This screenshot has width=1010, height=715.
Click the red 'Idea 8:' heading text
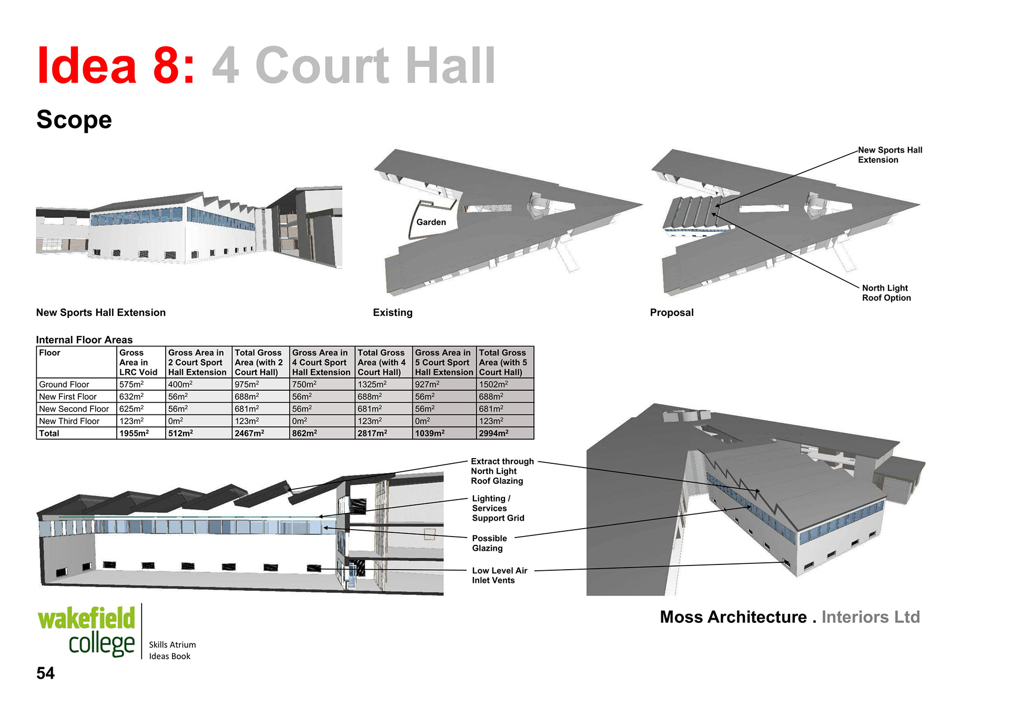pos(116,66)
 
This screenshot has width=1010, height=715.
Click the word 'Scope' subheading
pos(74,120)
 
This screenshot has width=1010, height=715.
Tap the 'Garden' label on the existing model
pos(431,222)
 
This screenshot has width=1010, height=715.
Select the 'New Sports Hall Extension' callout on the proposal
pos(890,155)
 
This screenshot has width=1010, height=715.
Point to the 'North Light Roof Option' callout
pos(886,293)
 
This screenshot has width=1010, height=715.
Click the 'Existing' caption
pos(392,313)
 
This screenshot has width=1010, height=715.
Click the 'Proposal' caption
pos(671,313)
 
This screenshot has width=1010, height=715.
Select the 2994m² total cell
pos(493,434)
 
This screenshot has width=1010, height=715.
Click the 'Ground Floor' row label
pos(64,385)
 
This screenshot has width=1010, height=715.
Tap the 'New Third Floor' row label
pos(69,421)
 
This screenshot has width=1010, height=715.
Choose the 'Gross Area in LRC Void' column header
pos(138,362)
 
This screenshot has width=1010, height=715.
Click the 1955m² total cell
pos(134,434)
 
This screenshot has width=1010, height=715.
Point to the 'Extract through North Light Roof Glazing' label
pos(501,471)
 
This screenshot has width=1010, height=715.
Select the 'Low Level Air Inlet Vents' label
pos(499,575)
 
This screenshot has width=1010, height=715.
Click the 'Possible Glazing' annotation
pos(489,543)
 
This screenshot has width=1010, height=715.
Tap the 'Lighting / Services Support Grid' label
pos(498,508)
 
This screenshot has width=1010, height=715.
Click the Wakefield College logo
pos(86,631)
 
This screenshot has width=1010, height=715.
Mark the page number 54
pos(45,673)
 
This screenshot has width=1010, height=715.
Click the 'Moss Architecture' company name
pos(733,617)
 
